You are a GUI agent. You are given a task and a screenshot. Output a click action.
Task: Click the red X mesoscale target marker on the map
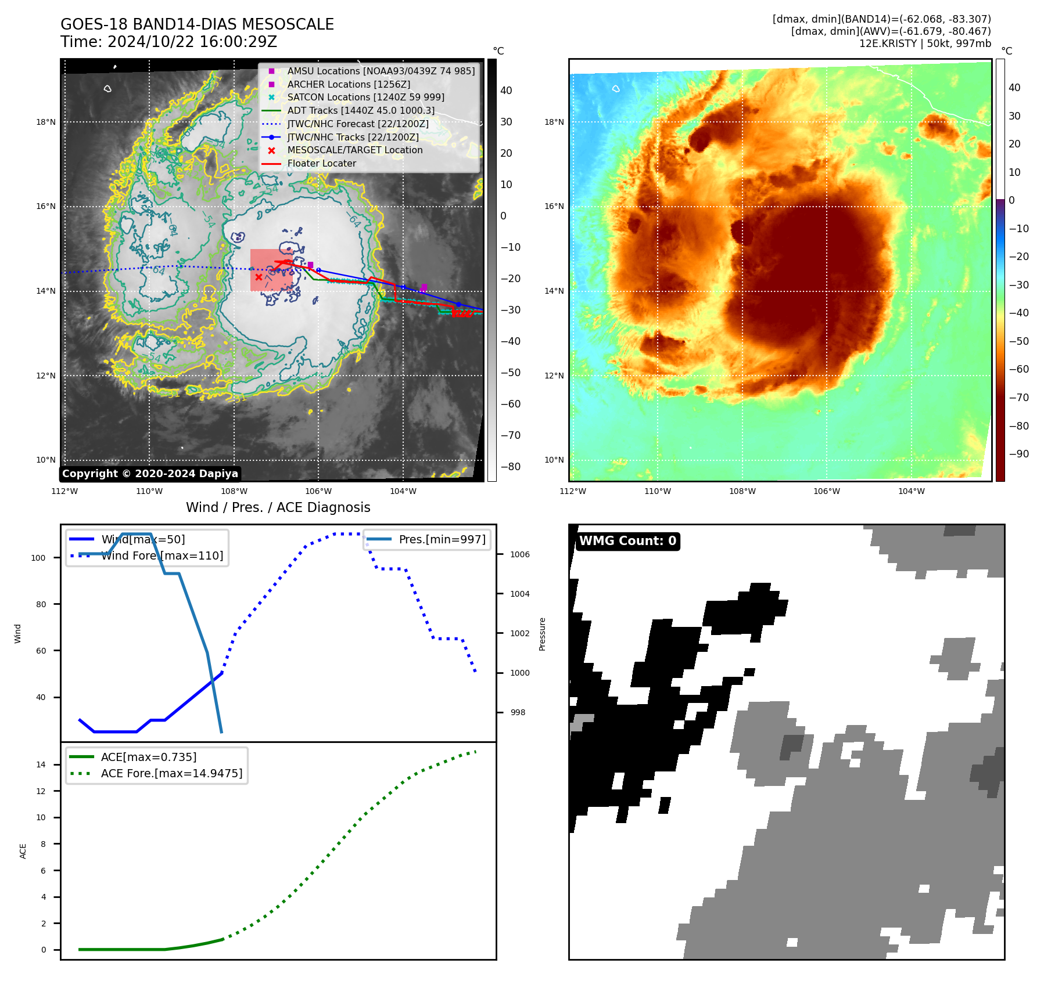pyautogui.click(x=259, y=277)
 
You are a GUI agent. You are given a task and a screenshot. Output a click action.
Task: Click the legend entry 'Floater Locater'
pyautogui.click(x=321, y=164)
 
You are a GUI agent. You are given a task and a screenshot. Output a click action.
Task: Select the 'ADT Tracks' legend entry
pyautogui.click(x=360, y=110)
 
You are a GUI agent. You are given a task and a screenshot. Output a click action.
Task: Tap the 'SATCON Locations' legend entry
pyautogui.click(x=365, y=97)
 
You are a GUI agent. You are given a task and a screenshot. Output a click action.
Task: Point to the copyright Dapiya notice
pyautogui.click(x=150, y=474)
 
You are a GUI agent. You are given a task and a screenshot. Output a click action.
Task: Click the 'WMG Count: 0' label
pyautogui.click(x=627, y=541)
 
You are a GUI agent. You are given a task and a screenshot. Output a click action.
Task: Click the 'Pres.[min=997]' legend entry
pyautogui.click(x=442, y=539)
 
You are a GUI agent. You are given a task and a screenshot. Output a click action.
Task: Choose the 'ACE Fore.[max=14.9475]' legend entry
pyautogui.click(x=171, y=773)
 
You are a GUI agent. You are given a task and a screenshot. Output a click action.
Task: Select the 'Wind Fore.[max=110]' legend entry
pyautogui.click(x=162, y=556)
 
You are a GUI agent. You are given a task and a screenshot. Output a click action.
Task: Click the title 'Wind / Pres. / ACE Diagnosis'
pyautogui.click(x=278, y=507)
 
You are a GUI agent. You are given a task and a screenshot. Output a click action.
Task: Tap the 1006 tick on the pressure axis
pyautogui.click(x=519, y=554)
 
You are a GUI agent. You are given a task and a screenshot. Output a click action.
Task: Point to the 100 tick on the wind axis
pyautogui.click(x=38, y=558)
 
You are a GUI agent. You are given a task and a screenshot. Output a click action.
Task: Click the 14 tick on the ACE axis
pyautogui.click(x=41, y=764)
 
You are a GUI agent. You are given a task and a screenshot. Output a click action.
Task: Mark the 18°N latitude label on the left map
pyautogui.click(x=46, y=122)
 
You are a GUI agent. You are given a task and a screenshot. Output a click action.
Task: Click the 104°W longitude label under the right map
pyautogui.click(x=911, y=491)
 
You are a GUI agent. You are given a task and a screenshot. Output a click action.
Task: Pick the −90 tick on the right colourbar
pyautogui.click(x=1018, y=454)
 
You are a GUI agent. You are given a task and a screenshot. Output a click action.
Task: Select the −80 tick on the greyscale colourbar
pyautogui.click(x=511, y=467)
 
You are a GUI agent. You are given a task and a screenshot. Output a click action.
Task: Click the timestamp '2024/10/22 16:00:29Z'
pyautogui.click(x=192, y=42)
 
